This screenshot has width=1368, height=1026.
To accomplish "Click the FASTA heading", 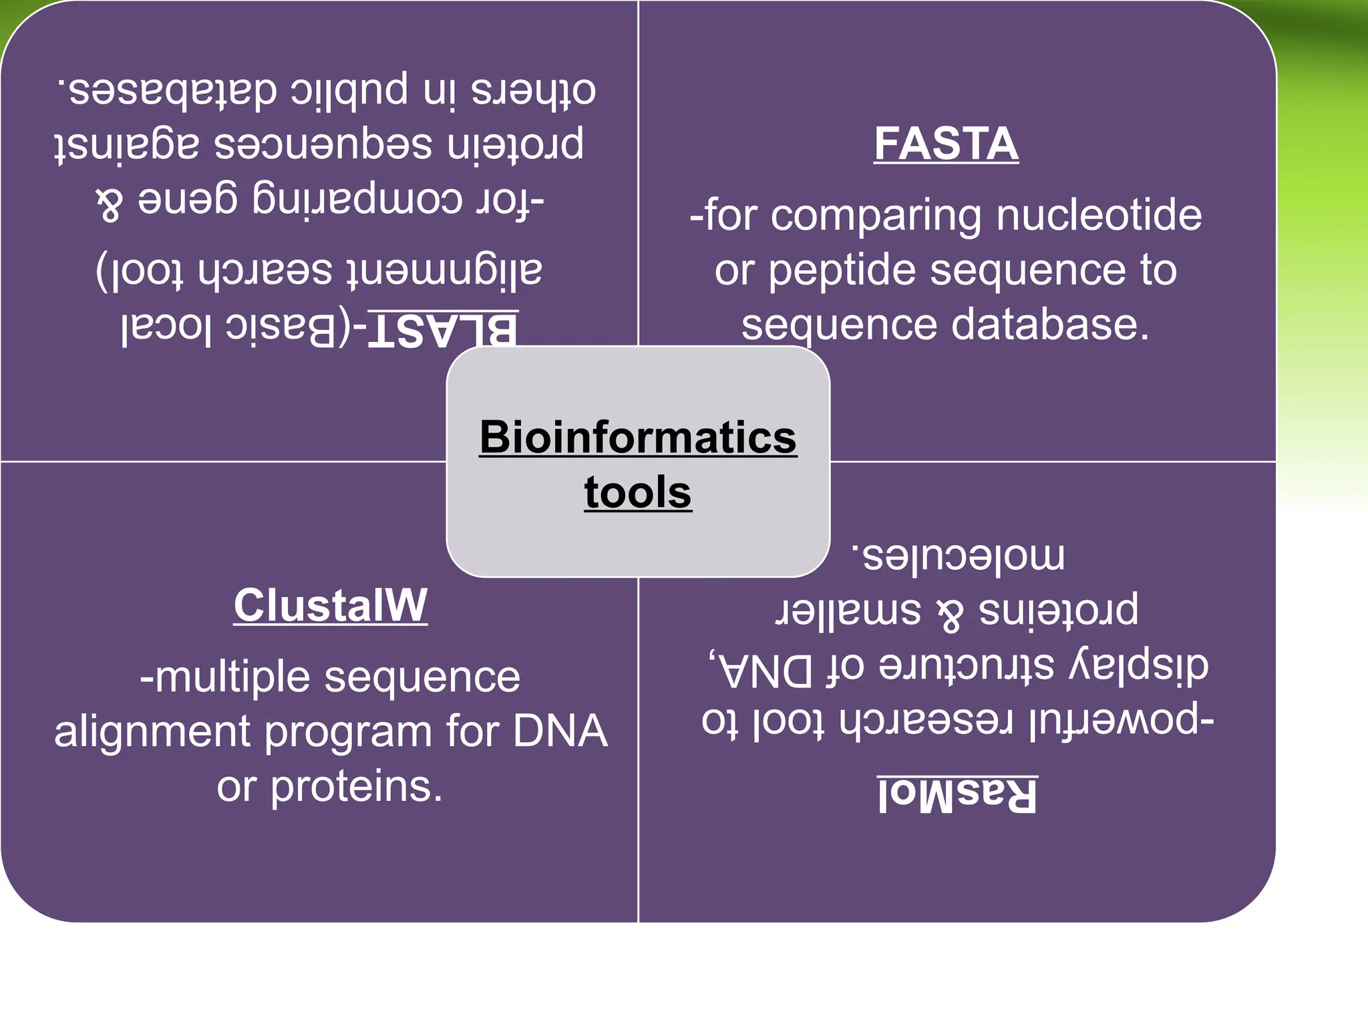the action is [x=946, y=144].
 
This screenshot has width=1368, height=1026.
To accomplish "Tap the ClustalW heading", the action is [x=330, y=605].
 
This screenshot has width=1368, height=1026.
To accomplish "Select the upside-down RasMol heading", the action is [x=957, y=794].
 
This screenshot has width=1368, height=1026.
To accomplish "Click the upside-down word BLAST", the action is [x=443, y=329].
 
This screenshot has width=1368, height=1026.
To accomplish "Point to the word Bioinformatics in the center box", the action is [x=638, y=437].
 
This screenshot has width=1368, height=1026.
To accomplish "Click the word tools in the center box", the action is [x=638, y=492].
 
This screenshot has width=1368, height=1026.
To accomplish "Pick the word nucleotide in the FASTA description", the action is [x=1099, y=215].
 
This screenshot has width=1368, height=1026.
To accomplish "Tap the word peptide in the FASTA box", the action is [x=842, y=271].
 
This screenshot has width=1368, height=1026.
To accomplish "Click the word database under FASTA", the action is [x=1049, y=325].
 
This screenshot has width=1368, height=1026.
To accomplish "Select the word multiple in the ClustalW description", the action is [x=232, y=677].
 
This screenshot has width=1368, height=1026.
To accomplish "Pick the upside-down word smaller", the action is [x=848, y=611].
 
